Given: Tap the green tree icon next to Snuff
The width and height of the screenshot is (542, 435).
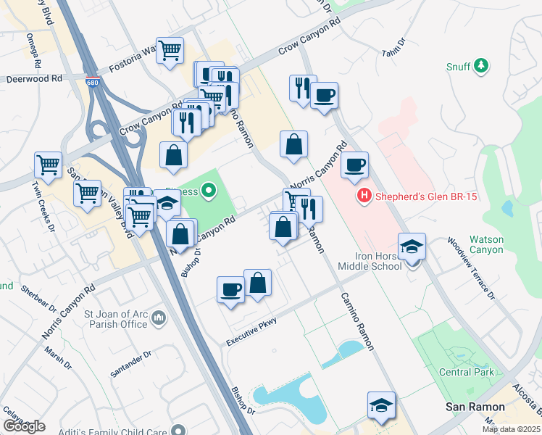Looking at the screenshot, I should point(480,67).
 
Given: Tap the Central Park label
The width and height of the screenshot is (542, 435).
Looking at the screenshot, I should point(467,372).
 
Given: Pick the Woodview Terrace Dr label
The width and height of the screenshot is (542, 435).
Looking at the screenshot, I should point(472,268).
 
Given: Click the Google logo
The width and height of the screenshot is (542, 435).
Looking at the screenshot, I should point(24,426).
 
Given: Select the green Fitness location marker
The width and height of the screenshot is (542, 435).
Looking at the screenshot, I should point(209,192).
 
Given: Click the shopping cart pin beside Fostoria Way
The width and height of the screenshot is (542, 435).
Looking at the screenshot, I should point(170,51).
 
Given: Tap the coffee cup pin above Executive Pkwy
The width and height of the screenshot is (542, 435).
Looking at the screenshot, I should point(230,289).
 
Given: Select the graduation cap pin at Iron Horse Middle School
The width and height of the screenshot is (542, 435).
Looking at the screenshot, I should point(412,246).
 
